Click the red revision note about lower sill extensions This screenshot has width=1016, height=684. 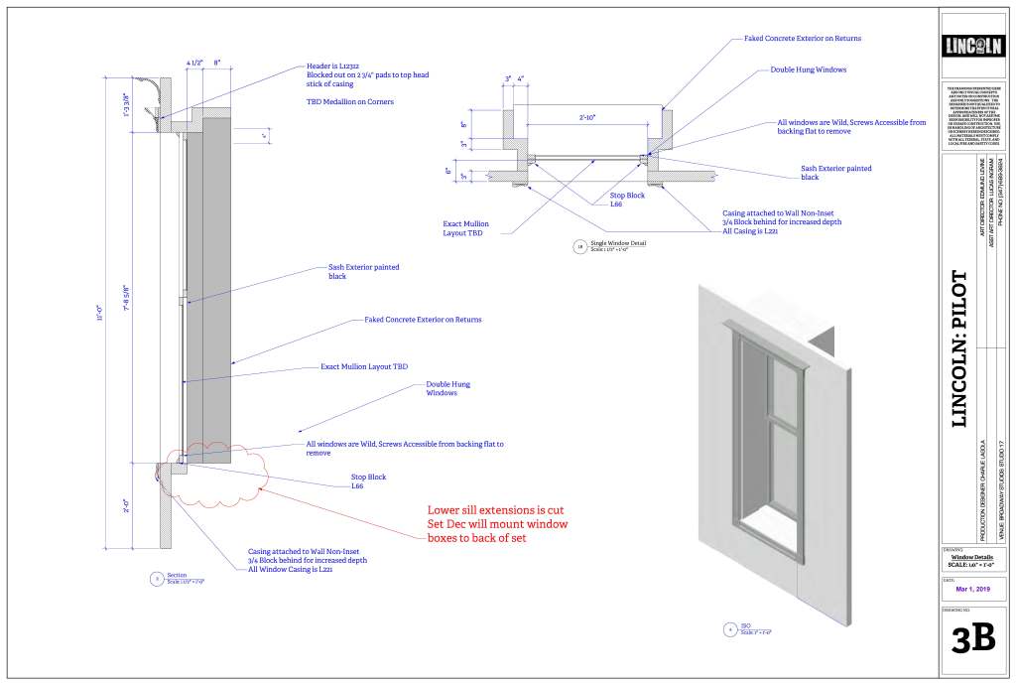497,523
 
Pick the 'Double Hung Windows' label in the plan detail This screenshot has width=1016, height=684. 809,70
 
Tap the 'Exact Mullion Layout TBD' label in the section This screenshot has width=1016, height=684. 364,366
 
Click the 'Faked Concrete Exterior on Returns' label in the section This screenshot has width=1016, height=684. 423,320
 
